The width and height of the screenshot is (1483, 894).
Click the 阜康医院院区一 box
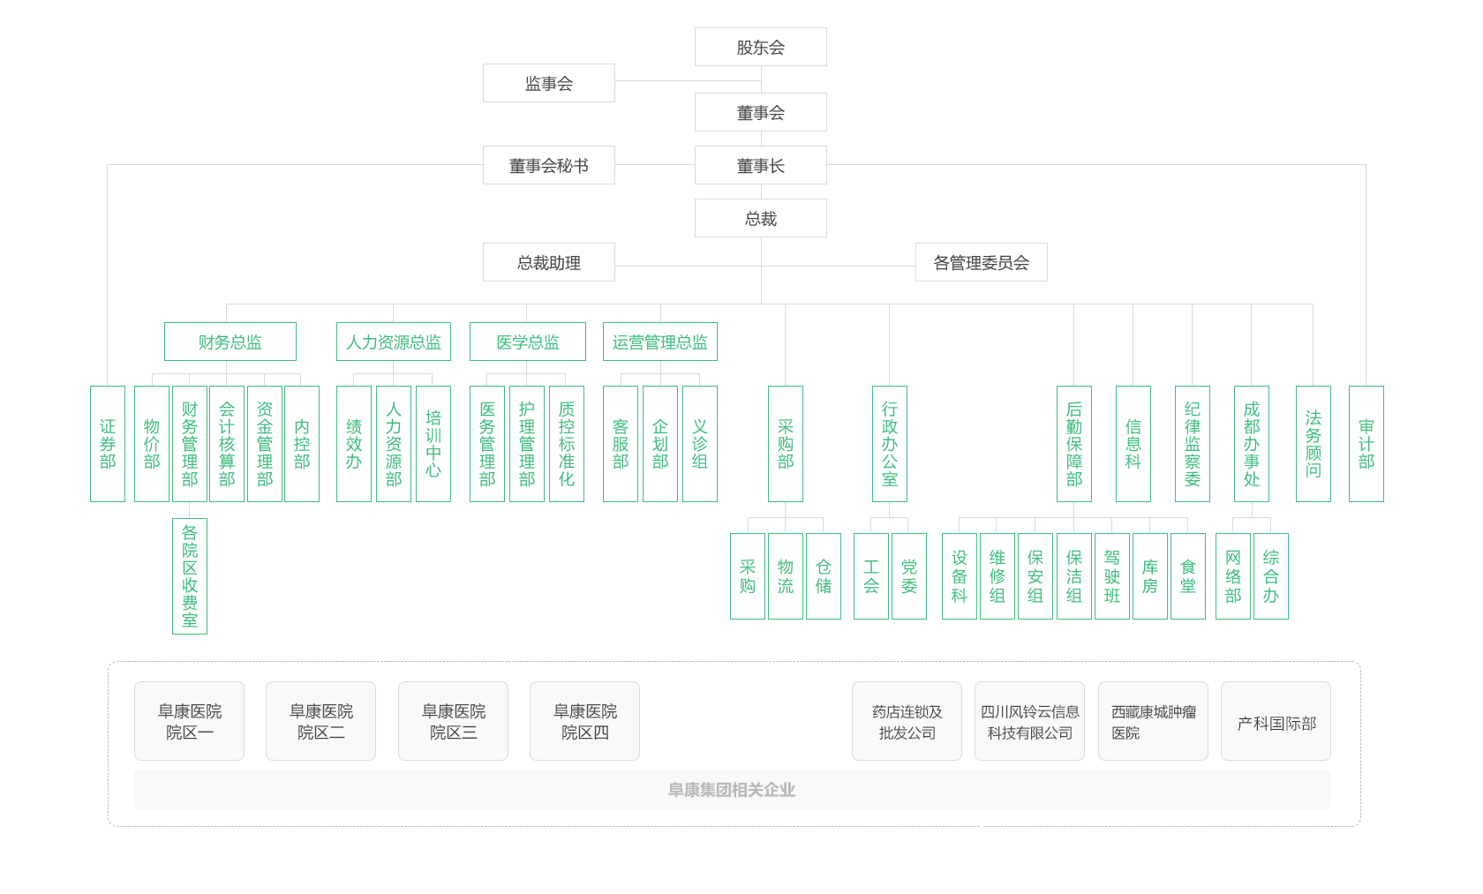pyautogui.click(x=189, y=721)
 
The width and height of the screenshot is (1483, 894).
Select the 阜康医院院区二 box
pyautogui.click(x=320, y=721)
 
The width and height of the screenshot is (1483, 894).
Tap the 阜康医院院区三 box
pyautogui.click(x=453, y=721)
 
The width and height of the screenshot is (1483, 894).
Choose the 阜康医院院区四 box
pyautogui.click(x=584, y=721)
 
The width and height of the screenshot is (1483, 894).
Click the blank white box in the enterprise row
pyautogui.click(x=784, y=721)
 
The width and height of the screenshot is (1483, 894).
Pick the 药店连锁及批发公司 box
pyautogui.click(x=907, y=721)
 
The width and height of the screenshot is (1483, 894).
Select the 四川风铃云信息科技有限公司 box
pyautogui.click(x=1029, y=721)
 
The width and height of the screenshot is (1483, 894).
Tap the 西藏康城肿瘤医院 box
pyautogui.click(x=1153, y=721)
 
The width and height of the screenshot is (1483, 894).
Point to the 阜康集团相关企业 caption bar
pyautogui.click(x=731, y=789)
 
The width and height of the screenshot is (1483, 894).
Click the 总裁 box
pyautogui.click(x=760, y=218)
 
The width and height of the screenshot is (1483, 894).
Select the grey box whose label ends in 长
pyautogui.click(x=760, y=165)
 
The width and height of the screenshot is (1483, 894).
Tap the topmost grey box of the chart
pyautogui.click(x=760, y=47)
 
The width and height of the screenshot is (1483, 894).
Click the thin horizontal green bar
pyautogui.click(x=440, y=342)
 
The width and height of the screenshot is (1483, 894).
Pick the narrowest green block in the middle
pyautogui.click(x=835, y=443)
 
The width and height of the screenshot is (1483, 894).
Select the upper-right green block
pyautogui.click(x=1223, y=443)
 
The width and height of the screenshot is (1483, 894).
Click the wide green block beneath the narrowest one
pyautogui.click(x=1011, y=575)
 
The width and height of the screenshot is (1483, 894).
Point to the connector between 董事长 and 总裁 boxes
pyautogui.click(x=761, y=192)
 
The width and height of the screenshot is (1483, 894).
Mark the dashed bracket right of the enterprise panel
pyautogui.click(x=1357, y=743)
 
